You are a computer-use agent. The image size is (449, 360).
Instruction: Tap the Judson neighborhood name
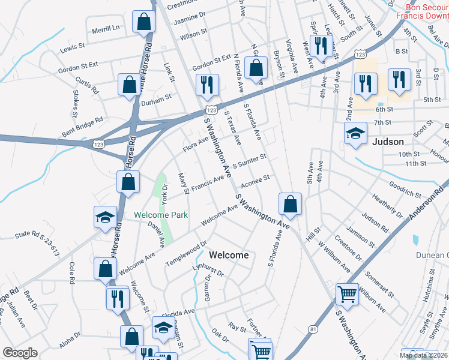coord(387,142)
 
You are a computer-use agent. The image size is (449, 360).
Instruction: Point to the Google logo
coord(20,353)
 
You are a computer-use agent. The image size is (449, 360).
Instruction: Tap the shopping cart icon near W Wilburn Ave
coord(346,295)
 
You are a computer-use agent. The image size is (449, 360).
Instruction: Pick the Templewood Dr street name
coord(187,254)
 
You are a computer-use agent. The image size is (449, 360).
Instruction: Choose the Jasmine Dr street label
coord(189,21)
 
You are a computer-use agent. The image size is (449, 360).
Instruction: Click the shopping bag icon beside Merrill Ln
coord(144,22)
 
